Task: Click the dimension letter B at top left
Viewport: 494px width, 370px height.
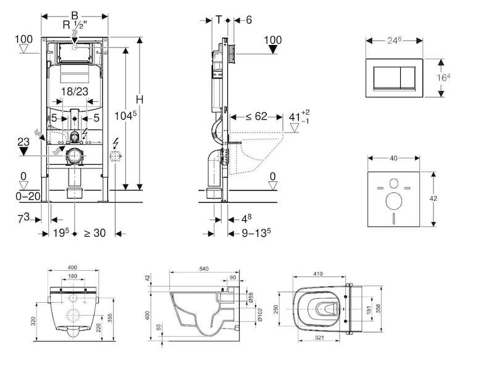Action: click(74, 15)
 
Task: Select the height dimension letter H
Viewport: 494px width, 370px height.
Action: click(140, 100)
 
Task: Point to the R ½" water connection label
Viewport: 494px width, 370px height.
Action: click(75, 25)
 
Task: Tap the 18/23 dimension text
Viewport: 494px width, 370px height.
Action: click(75, 91)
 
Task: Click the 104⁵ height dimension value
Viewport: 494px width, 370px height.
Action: click(125, 115)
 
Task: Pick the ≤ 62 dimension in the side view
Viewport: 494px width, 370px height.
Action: click(256, 117)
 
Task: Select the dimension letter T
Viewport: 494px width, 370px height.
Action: click(219, 20)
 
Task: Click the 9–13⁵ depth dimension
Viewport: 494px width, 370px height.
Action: click(256, 232)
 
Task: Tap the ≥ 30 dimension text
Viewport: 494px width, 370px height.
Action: click(95, 233)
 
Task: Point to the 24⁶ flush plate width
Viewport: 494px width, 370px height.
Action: click(394, 40)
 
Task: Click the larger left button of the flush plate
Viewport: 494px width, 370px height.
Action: click(387, 78)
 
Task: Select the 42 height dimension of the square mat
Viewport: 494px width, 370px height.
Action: click(433, 199)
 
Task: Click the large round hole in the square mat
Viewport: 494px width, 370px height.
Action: click(393, 201)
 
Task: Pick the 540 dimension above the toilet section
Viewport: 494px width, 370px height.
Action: click(204, 269)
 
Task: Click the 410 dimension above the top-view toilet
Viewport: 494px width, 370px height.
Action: click(318, 274)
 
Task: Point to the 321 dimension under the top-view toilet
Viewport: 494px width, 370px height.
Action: click(319, 337)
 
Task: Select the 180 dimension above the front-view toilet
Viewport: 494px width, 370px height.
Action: click(72, 276)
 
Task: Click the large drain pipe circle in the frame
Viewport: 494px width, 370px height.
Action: click(75, 155)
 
